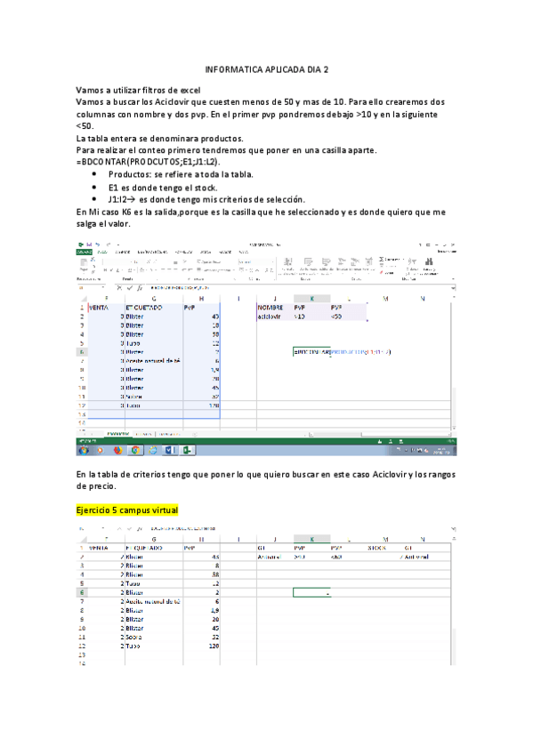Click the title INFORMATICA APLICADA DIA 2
tap(266, 68)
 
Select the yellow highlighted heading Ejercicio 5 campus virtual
tap(127, 509)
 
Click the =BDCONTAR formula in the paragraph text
tap(148, 163)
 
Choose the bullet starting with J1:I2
tap(206, 200)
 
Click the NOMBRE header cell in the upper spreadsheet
tap(270, 307)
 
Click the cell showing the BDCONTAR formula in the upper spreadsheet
tap(343, 352)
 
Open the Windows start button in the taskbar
tap(83, 450)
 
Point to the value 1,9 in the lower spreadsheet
tap(214, 612)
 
